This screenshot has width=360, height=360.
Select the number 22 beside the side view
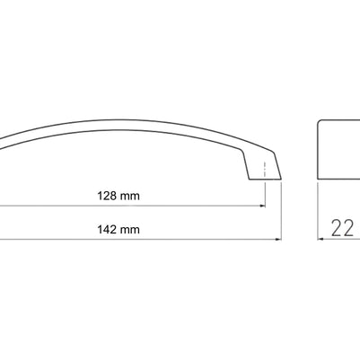point(342,228)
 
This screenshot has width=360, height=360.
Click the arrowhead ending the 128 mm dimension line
point(262,206)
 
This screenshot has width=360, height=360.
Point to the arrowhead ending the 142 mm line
point(278,240)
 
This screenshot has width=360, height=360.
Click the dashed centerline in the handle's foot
point(266,169)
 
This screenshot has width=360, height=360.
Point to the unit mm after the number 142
point(133,230)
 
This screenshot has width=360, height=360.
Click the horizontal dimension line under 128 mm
point(135,206)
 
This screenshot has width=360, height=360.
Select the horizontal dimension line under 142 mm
point(135,240)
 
